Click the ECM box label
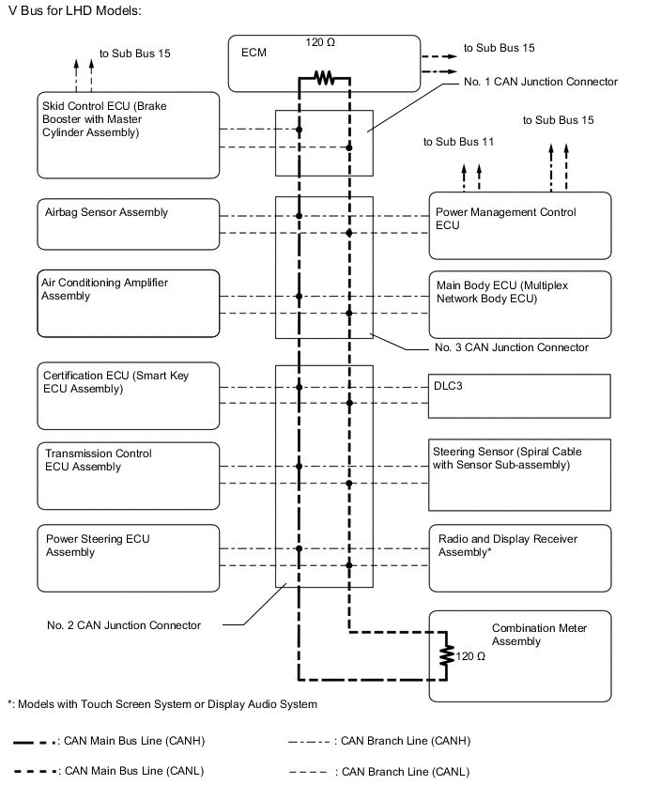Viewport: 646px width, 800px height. [253, 54]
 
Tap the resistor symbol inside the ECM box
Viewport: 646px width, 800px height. [324, 80]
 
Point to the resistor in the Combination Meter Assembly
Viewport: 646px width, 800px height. [448, 656]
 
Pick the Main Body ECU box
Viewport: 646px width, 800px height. [520, 303]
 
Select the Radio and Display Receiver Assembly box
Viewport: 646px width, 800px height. [520, 558]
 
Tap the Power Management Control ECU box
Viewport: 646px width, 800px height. [520, 225]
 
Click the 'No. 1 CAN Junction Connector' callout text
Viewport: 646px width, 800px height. [541, 83]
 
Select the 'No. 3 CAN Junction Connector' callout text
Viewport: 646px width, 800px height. [512, 347]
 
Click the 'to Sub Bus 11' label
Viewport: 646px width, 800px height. [458, 142]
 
